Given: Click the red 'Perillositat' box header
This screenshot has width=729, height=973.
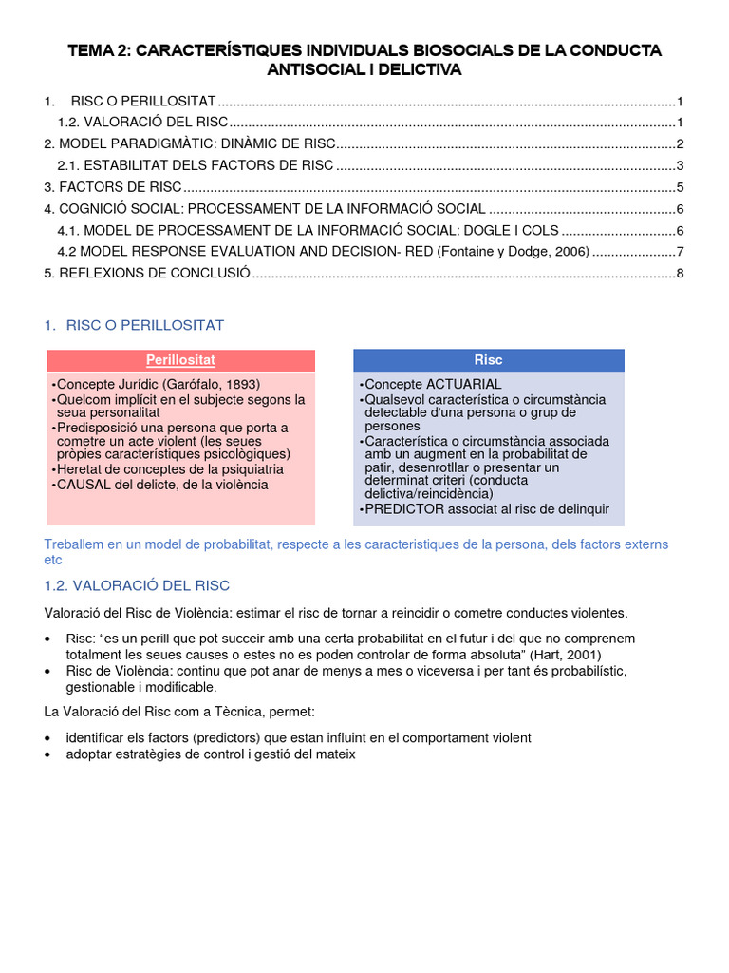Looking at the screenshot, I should (180, 361).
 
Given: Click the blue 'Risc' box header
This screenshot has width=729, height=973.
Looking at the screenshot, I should (489, 360).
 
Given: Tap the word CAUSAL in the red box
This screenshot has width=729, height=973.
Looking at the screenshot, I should (85, 485).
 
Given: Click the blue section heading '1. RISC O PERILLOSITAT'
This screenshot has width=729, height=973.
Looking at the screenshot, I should (134, 326).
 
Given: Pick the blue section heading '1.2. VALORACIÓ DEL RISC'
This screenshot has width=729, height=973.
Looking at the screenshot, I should (137, 585).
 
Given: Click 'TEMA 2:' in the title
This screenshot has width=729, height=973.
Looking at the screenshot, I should (99, 51).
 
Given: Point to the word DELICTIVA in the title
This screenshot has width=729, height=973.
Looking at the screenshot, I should (419, 70).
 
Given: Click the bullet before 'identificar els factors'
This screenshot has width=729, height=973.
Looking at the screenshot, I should (49, 738).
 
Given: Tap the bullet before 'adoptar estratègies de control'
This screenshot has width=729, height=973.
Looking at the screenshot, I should (49, 755).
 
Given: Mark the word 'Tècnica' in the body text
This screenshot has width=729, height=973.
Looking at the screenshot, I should (245, 712).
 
